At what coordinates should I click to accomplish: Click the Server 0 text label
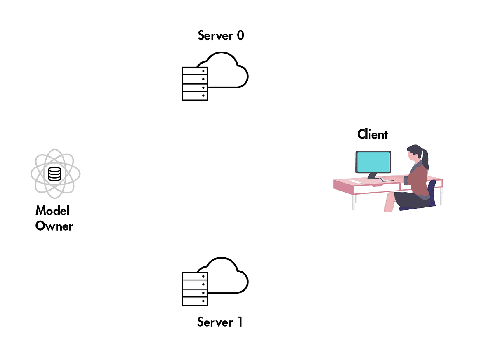[x=221, y=35]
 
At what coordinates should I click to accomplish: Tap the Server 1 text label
[x=220, y=322]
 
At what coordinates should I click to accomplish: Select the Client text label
[x=372, y=134]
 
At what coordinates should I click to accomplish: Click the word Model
[x=52, y=211]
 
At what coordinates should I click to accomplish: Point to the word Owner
[x=54, y=226]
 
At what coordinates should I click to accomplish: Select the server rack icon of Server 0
[x=195, y=84]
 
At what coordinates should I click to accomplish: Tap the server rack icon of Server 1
[x=195, y=289]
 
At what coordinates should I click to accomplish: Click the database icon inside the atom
[x=54, y=174]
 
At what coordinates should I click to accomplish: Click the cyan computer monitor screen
[x=373, y=162]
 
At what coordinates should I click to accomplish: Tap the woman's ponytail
[x=425, y=159]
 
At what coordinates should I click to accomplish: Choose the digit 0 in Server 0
[x=240, y=35]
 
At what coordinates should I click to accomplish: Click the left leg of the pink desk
[x=354, y=202]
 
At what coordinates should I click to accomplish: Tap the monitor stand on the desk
[x=372, y=176]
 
